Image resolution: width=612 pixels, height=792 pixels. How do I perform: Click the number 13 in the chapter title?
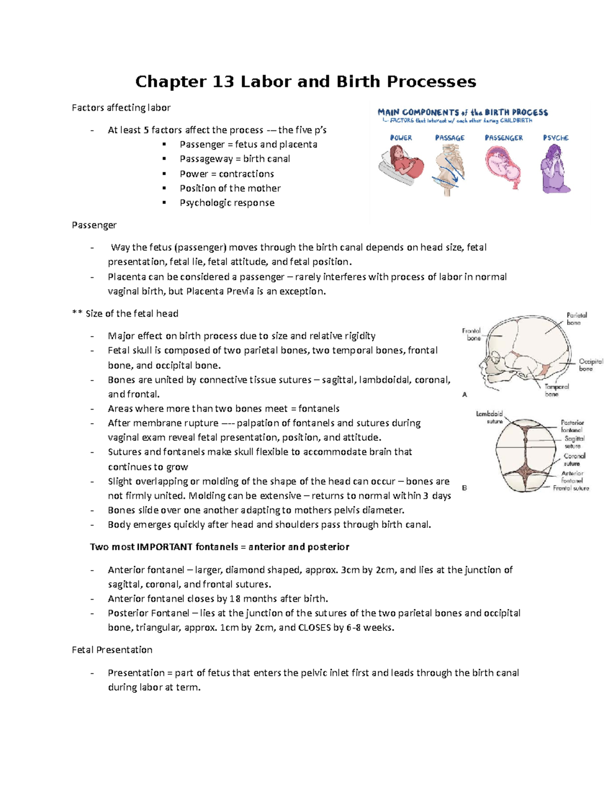click(222, 82)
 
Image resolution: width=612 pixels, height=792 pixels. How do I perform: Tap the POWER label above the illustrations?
click(401, 138)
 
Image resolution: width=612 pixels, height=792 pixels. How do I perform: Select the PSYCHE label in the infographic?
click(555, 138)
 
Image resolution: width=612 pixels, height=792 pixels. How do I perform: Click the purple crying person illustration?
click(555, 168)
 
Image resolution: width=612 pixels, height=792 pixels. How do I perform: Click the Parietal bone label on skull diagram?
click(576, 319)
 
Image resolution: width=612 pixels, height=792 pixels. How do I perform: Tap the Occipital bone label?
click(590, 365)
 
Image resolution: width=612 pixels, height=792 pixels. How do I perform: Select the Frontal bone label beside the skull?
click(472, 335)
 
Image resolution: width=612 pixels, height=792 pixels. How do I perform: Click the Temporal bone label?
click(555, 390)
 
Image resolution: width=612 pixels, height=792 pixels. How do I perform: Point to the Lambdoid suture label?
click(490, 417)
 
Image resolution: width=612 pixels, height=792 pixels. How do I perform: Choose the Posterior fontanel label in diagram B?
click(572, 426)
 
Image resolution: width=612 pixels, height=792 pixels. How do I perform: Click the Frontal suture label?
click(571, 488)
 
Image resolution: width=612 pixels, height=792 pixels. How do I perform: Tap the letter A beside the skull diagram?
click(465, 394)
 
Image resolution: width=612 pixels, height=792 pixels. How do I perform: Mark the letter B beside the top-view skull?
click(465, 488)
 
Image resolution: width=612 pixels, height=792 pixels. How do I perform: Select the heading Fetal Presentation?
click(112, 650)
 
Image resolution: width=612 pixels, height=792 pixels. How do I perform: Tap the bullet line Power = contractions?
click(226, 174)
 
